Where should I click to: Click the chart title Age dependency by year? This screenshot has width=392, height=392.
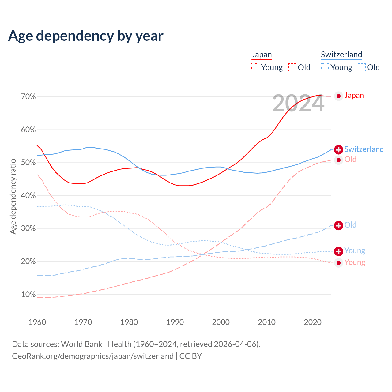(86, 36)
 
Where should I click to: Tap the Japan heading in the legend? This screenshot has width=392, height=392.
(262, 55)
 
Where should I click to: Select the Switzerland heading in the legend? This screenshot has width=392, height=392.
(341, 55)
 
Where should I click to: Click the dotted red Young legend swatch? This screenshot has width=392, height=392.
(255, 67)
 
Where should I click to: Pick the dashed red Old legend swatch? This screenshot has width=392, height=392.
(292, 67)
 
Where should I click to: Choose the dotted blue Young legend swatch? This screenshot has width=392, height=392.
(325, 67)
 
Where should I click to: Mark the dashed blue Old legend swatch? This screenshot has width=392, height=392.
(362, 67)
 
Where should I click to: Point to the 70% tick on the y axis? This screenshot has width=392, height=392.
(28, 97)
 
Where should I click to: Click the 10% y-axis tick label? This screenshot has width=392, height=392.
(28, 295)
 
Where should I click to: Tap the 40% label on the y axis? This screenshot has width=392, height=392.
(28, 196)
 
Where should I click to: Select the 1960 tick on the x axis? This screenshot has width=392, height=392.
(37, 322)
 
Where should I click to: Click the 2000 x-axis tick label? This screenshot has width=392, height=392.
(221, 322)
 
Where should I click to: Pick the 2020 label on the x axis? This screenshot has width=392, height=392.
(313, 322)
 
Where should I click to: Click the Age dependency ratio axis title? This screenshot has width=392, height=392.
(13, 196)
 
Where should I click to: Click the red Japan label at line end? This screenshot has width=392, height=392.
(354, 96)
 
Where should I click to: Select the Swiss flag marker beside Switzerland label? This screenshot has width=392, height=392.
(338, 149)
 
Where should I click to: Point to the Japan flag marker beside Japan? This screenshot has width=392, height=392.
(338, 96)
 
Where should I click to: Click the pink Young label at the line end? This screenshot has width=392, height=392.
(355, 262)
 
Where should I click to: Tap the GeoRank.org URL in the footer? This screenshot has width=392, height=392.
(93, 356)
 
